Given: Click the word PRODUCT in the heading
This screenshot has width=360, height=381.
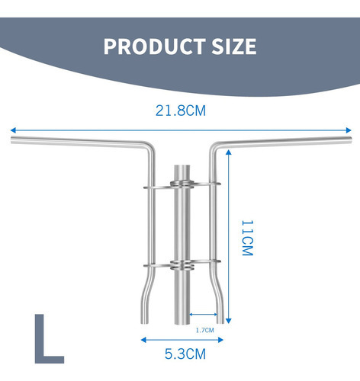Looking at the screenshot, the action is click(155, 46).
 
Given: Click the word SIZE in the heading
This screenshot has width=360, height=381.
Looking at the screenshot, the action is click(234, 46).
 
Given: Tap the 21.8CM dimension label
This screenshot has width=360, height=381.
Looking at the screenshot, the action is click(181, 110).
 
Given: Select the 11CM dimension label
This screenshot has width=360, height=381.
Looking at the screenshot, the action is click(247, 238).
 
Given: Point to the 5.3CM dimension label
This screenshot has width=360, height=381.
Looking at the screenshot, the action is click(185, 354).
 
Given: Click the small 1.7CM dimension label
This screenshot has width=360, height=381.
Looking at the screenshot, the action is click(205, 330).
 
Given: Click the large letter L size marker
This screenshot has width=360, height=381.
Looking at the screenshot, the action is click(49, 338).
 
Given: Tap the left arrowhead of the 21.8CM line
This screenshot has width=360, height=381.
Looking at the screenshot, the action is click(13, 130).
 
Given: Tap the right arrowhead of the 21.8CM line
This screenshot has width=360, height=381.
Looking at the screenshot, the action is click(349, 130).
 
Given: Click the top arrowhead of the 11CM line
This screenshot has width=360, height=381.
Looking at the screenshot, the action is click(228, 152).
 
